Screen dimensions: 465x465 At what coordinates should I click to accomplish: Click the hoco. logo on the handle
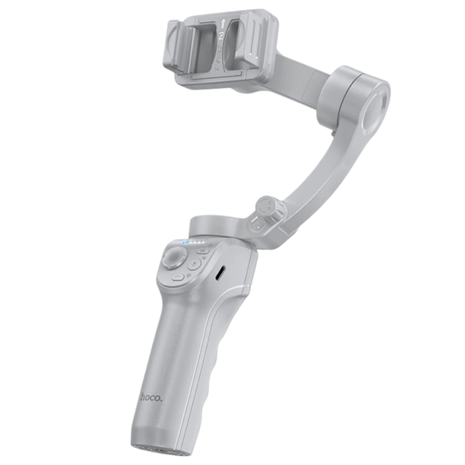152,397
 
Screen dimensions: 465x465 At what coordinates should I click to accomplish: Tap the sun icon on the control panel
188,275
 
